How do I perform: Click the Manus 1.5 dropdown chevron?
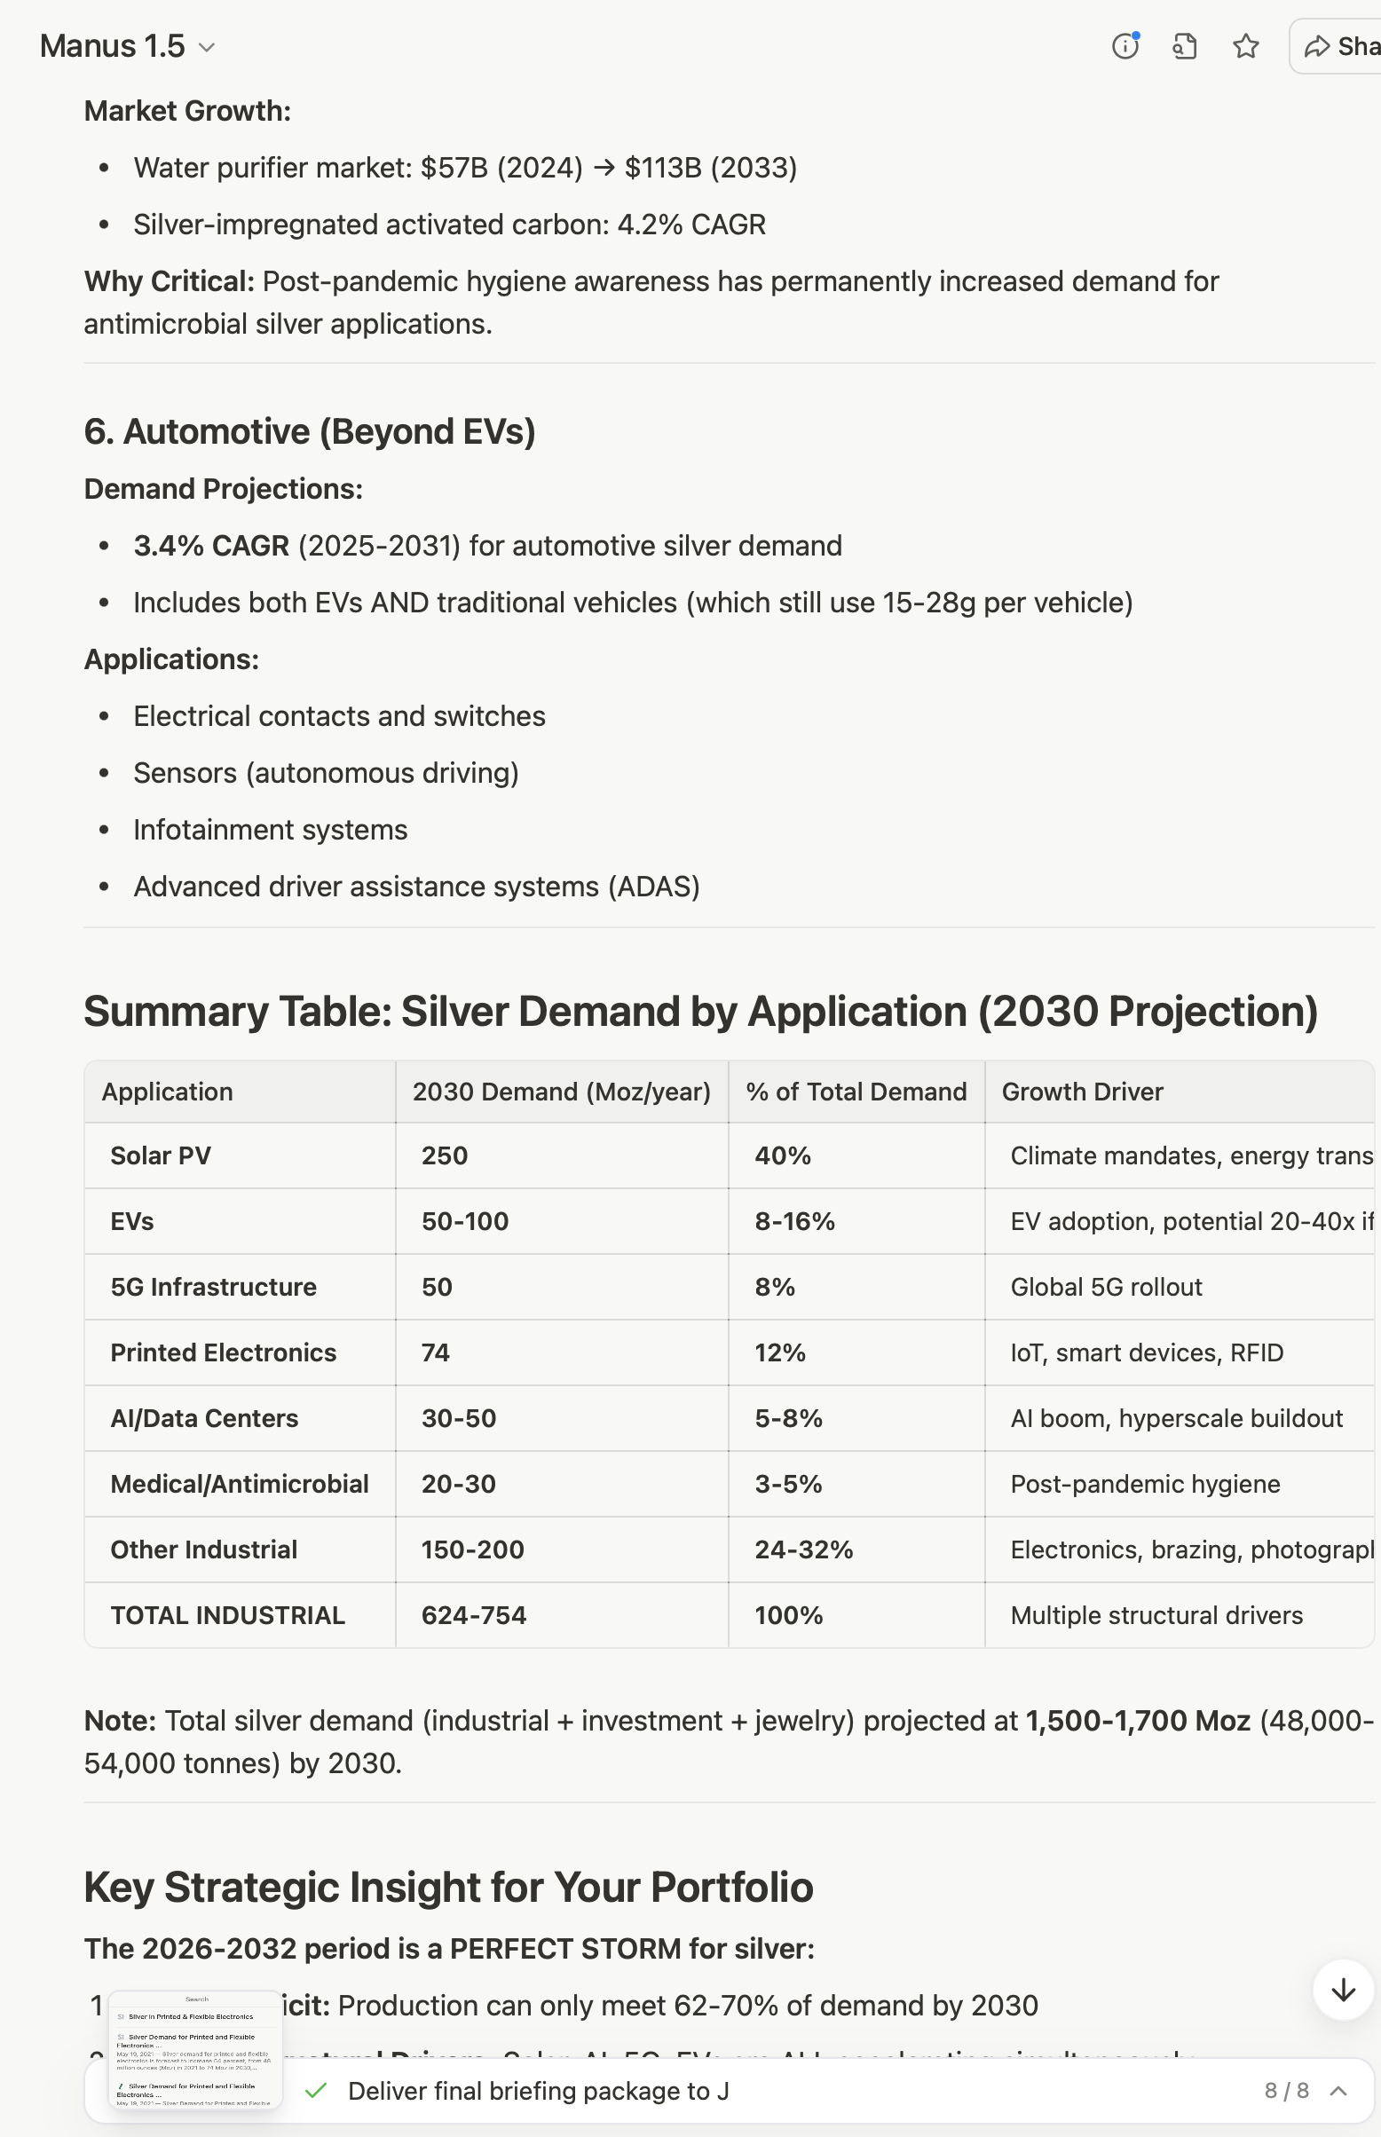click(x=206, y=48)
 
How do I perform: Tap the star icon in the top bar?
click(x=1245, y=47)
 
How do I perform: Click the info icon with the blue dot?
click(x=1125, y=47)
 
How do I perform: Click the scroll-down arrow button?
click(x=1343, y=1990)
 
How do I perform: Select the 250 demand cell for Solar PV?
click(x=445, y=1155)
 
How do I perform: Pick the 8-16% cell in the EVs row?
click(x=794, y=1221)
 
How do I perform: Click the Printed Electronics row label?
click(x=224, y=1352)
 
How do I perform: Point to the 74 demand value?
click(x=436, y=1352)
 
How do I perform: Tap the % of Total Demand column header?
click(x=856, y=1092)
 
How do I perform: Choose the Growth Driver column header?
click(x=1083, y=1092)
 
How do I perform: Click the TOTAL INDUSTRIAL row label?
click(x=228, y=1615)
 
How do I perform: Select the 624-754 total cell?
click(x=473, y=1615)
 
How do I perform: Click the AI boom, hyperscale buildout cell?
click(x=1176, y=1418)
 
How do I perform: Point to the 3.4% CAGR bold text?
click(x=211, y=546)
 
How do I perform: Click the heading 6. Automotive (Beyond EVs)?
click(x=310, y=432)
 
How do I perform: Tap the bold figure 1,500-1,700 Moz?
click(x=1137, y=1721)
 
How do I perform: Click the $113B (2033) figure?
click(x=710, y=168)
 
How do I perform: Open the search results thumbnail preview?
click(x=195, y=2050)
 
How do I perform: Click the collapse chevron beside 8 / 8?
click(x=1338, y=2091)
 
